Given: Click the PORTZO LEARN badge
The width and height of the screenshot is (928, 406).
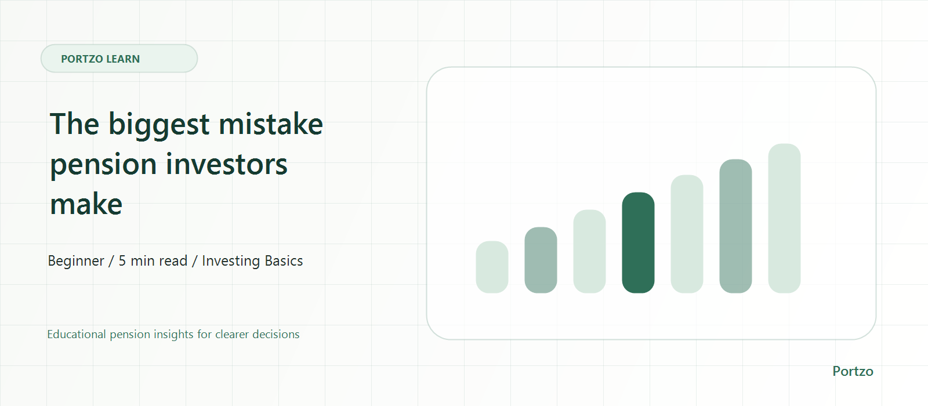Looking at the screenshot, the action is coord(119,59).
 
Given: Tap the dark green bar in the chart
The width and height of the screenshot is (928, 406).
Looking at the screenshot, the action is coord(638,242).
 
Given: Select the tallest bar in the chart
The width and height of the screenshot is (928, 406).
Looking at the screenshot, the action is coord(784,218).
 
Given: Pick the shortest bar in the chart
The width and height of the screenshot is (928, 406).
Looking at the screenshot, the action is coord(492,267).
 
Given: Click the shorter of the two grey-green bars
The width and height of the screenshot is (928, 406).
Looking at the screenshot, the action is coord(541,260).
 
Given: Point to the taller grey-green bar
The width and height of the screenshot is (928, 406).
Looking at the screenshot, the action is coord(735,226).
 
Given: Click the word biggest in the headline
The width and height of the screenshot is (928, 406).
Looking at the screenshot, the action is coord(159,125).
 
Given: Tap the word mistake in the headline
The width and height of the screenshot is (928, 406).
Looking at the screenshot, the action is coord(271,124).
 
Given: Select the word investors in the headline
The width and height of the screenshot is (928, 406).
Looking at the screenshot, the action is coord(227,164).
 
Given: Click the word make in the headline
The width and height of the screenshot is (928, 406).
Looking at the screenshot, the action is coord(86,204).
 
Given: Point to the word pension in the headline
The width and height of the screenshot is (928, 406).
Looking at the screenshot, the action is coord(103,166).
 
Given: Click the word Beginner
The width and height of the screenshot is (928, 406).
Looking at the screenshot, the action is coord(76,261).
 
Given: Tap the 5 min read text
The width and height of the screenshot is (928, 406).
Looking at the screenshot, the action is coord(153,260).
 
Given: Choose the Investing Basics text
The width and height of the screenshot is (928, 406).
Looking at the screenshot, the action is coord(252,261).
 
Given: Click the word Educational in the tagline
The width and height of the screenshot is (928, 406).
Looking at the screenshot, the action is coord(77,334).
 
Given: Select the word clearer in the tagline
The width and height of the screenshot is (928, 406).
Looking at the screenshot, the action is coord(232,334).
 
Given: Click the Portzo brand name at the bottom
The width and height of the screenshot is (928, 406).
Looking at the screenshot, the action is coord(853,371).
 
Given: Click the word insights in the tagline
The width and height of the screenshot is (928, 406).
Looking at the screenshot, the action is coord(173,334).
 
